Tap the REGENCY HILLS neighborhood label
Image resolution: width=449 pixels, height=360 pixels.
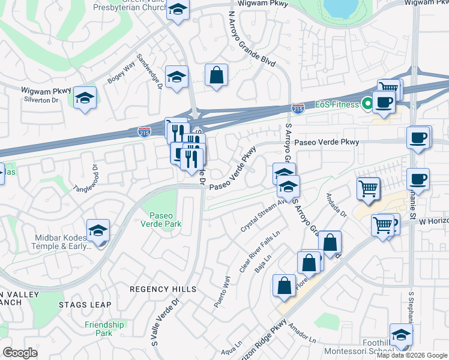(x=163, y=289)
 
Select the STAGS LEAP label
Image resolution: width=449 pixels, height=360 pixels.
(x=85, y=305)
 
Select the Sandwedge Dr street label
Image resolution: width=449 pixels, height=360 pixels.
(x=151, y=71)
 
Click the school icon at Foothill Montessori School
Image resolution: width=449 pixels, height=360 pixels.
(x=401, y=335)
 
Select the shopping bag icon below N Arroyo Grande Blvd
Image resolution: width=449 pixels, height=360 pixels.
(x=216, y=76)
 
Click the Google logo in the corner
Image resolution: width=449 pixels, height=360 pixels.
(x=20, y=353)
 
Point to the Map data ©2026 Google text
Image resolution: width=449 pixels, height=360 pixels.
(x=412, y=355)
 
